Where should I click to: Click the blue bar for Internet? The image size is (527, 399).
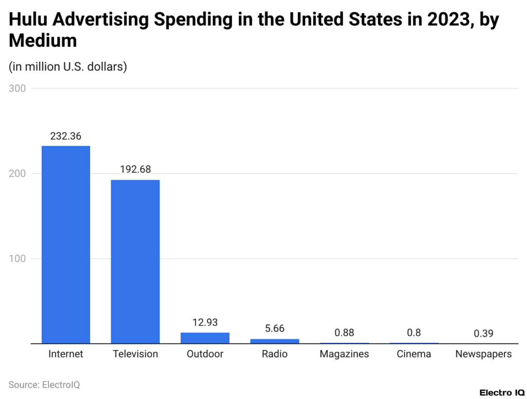[66, 245]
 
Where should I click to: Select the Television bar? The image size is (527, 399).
[135, 262]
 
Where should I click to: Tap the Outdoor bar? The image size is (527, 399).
[205, 338]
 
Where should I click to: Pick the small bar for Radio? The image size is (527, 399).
[274, 341]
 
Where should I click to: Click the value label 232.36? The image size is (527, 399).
[66, 136]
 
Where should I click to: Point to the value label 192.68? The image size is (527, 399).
[135, 169]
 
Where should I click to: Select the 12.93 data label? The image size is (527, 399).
[205, 322]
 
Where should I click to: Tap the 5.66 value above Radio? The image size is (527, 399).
[274, 328]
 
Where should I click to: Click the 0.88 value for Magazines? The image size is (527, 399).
[344, 333]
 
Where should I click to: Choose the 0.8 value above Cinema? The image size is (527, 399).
[414, 333]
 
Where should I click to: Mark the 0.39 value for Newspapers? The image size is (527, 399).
[483, 333]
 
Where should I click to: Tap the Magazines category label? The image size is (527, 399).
[344, 354]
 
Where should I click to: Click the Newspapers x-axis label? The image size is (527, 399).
[483, 354]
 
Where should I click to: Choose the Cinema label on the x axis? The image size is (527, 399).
[414, 354]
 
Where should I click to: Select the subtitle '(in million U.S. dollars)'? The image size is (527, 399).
[67, 67]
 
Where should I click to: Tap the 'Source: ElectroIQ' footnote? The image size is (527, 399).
[44, 385]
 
